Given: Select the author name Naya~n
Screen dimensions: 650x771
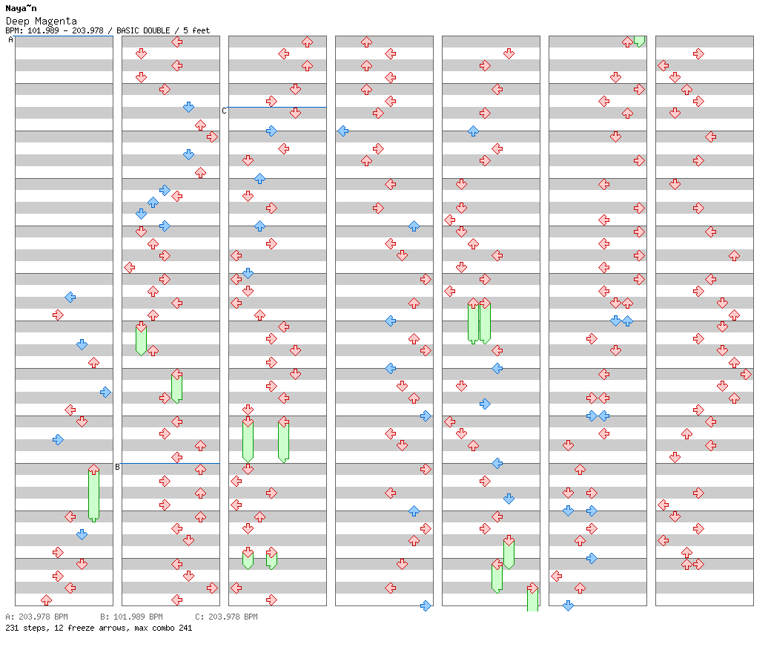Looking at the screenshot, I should click(x=21, y=8).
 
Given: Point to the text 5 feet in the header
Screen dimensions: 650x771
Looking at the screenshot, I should click(x=194, y=30).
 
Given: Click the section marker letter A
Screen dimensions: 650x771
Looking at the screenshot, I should click(x=10, y=40).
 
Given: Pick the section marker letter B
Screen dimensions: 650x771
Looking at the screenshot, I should click(x=117, y=467).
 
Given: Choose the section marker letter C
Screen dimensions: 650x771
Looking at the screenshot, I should click(x=224, y=111).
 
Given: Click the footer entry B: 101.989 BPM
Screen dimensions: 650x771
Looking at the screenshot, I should click(x=131, y=617).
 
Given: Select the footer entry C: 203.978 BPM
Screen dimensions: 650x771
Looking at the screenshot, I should click(x=226, y=617).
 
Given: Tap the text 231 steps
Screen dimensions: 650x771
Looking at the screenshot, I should click(x=24, y=628).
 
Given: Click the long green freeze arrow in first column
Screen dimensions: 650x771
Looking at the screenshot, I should click(x=93, y=494).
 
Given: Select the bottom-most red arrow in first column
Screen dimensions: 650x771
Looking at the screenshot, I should click(x=46, y=600).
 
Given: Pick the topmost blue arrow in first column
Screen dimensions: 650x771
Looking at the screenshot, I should click(x=70, y=297).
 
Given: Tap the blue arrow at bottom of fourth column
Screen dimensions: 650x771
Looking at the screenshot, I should click(x=426, y=605).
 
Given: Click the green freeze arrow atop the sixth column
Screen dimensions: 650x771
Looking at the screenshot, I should click(x=639, y=41).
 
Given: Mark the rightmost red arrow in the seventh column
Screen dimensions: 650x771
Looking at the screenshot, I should click(x=746, y=374).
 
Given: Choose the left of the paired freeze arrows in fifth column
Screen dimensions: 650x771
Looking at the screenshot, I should click(x=473, y=321).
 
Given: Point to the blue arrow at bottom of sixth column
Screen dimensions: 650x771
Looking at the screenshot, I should click(x=568, y=605).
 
